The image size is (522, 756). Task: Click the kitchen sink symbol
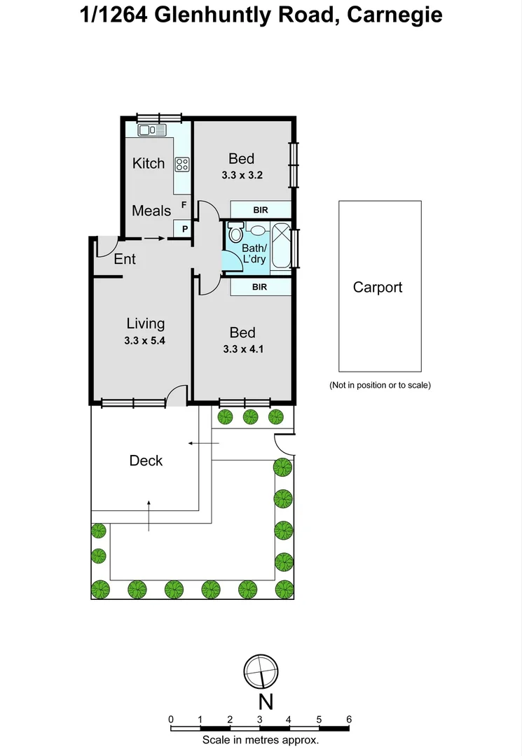coord(152,129)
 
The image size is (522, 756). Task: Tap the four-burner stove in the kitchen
coord(182,164)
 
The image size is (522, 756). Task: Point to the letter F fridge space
coord(184,205)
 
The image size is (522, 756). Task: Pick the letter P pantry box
coord(184,228)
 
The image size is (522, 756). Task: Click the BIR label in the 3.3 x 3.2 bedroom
coord(260,209)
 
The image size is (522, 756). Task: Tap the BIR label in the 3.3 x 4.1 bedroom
coord(260,286)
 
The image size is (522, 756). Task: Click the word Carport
coord(378,287)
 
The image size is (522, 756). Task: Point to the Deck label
coord(146,460)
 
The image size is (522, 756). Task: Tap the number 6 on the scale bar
coord(348,719)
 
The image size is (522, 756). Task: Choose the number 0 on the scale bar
coord(171,719)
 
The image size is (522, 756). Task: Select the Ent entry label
coord(125,259)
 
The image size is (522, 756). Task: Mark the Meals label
coord(151,211)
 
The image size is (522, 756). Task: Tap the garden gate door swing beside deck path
coord(284,443)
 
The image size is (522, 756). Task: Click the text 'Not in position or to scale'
coord(380,385)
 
